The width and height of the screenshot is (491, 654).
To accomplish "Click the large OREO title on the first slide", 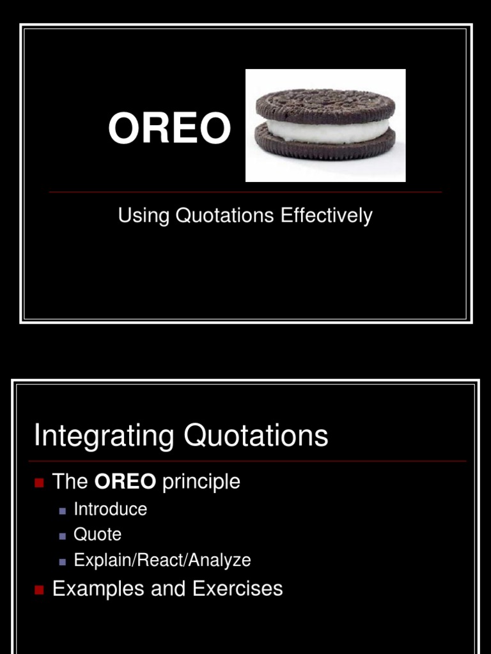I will [x=169, y=128].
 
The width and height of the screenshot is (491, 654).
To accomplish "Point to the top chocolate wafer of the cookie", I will [x=325, y=105].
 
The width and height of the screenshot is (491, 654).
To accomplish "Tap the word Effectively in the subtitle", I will [x=326, y=217].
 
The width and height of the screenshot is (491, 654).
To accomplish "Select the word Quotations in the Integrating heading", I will [x=256, y=436].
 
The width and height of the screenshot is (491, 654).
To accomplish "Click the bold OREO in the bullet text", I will [x=125, y=482].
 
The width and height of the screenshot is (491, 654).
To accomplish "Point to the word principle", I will [x=201, y=482].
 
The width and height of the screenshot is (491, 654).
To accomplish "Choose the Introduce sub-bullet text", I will [x=110, y=510].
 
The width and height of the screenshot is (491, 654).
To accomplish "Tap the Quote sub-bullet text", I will [x=97, y=535].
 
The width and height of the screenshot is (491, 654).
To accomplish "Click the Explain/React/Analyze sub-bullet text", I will [x=162, y=561].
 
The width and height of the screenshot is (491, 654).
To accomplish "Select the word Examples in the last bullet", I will [x=98, y=588].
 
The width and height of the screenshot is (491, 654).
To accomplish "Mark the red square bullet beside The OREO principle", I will [x=38, y=483].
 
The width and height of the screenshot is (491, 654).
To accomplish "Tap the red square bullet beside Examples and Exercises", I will [x=38, y=589].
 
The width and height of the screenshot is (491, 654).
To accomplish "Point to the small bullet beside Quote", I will [x=63, y=536].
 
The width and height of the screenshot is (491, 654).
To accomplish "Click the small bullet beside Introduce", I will [x=63, y=511].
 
